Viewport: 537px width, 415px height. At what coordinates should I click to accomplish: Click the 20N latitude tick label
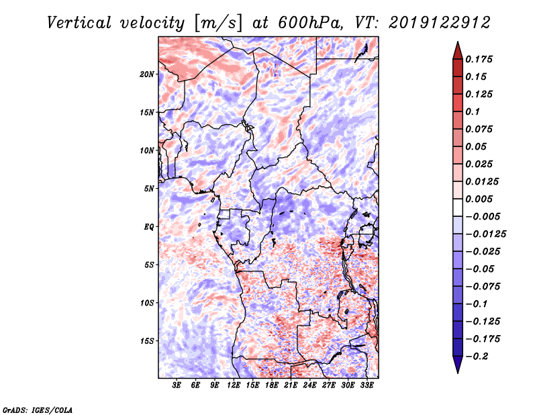coord(147,74)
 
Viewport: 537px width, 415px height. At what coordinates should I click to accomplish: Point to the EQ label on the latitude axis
coord(149,226)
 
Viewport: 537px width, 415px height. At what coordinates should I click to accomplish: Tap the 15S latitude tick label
coord(147,340)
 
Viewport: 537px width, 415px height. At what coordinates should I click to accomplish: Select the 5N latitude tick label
coord(149,188)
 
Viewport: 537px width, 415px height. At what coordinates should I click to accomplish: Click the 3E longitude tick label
coord(177,386)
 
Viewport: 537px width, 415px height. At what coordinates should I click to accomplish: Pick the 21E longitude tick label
coord(291,386)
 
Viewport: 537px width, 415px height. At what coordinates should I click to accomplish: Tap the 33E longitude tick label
coord(367,386)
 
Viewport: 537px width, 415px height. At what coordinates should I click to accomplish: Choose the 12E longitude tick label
coord(234,386)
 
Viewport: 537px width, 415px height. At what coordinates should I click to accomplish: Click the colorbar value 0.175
coord(481,59)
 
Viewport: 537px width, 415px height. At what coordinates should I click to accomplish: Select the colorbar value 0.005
coord(481,199)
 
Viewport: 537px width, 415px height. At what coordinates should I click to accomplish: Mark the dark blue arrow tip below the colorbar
coord(457,370)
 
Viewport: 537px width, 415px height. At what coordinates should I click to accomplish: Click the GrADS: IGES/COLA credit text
coord(37,408)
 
